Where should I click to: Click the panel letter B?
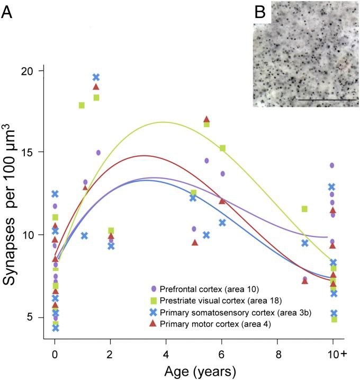(259, 12)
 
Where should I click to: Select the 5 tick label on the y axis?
(30, 317)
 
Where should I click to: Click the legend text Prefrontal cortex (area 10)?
(203, 289)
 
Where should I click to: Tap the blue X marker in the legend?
(153, 313)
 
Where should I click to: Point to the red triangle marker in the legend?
(153, 324)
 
